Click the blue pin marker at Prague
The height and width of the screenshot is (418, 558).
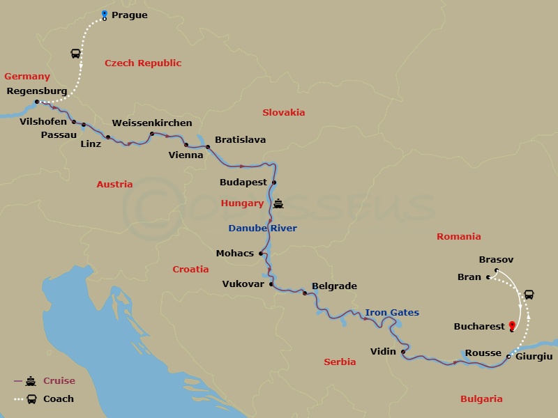coord(105,14)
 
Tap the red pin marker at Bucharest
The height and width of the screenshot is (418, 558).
coord(513,325)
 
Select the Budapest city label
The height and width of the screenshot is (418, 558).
coord(243,183)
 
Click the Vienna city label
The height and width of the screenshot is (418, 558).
coord(186,155)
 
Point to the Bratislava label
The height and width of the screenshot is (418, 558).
coord(240,139)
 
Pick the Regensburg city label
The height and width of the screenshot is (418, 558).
coord(36,91)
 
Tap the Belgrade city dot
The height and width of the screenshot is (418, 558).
coord(305,293)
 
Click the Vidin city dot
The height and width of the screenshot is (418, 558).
coord(404,352)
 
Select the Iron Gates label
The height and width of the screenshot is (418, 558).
coord(392,313)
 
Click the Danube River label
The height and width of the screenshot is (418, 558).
coord(262,228)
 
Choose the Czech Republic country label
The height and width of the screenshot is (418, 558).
coord(143,63)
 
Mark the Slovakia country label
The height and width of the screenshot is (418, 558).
coord(283,112)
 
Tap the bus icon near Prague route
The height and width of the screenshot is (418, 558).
coord(75,54)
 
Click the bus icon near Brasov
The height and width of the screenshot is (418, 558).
coord(529,295)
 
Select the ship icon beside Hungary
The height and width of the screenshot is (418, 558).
coord(279,204)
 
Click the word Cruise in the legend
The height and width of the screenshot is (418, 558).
coord(59,381)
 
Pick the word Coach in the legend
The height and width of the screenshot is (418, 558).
coord(59,399)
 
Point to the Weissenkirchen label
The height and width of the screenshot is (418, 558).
coord(152,123)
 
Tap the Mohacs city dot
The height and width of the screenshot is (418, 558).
coord(261,254)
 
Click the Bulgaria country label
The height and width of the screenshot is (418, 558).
coord(481,399)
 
